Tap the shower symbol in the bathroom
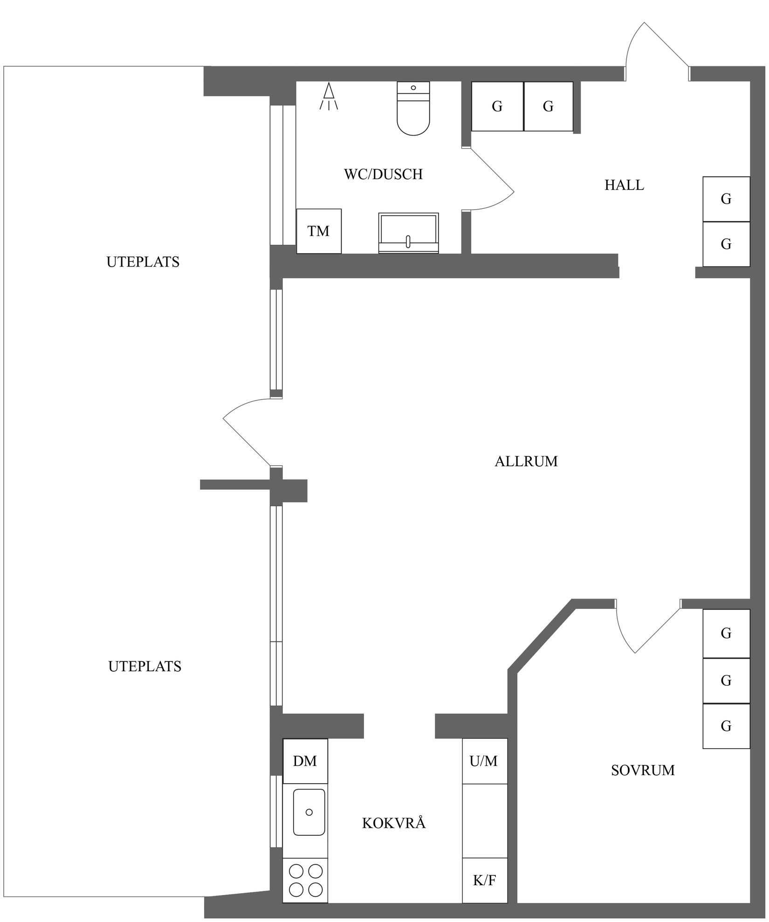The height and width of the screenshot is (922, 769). pos(329,96)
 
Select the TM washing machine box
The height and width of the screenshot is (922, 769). pos(319,231)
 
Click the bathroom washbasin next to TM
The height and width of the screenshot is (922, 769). pos(408,233)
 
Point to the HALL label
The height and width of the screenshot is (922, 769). pos(624,186)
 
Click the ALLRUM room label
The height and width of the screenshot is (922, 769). pos(526,461)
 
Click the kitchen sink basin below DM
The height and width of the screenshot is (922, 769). pos(309,812)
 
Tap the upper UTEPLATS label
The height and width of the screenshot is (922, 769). pos(143,262)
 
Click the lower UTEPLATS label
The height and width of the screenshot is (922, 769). pos(144,667)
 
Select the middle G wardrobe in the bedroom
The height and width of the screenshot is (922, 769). pos(726,681)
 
